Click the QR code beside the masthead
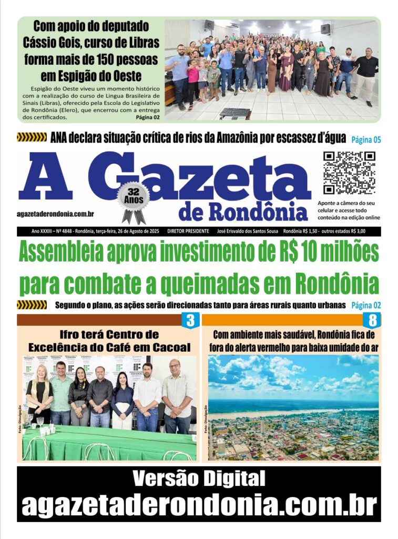coord(349,173)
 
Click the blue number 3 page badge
coord(190,320)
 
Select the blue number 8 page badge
coord(372,320)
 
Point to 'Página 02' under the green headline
coord(365,305)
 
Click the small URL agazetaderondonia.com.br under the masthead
coord(55,214)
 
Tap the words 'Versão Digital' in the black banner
coord(199,479)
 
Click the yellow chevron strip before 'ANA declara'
coord(32,138)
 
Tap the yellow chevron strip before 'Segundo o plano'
coord(32,305)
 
